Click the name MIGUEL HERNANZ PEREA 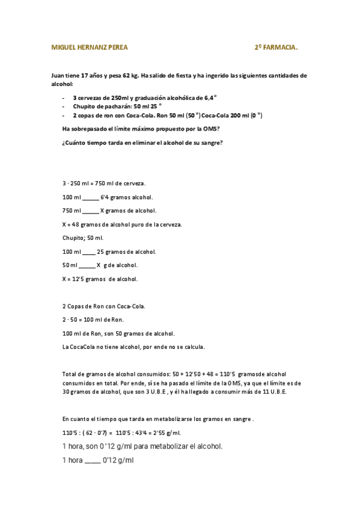click(90, 46)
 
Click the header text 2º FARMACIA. click(275, 46)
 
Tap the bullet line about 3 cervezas click(145, 97)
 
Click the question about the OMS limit click(141, 129)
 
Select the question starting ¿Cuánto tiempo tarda click(142, 142)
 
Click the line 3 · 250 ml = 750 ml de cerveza click(103, 183)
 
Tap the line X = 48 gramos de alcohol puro click(121, 224)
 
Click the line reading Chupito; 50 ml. click(83, 238)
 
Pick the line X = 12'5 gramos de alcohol click(100, 279)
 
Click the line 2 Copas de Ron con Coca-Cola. click(103, 306)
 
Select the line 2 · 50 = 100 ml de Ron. click(93, 319)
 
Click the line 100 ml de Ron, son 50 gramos click(118, 333)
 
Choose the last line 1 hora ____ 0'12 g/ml click(97, 460)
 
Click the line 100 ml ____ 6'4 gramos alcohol click(108, 197)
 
